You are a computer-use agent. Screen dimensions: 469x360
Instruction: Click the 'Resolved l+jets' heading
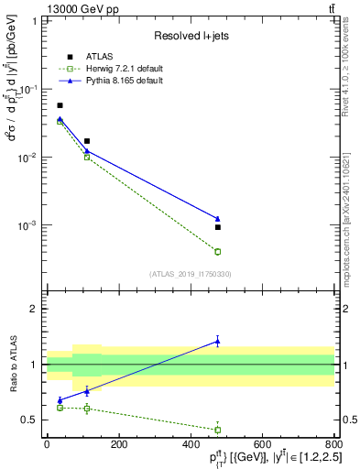(x=194, y=36)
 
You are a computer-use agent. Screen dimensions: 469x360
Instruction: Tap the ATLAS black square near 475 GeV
(x=218, y=227)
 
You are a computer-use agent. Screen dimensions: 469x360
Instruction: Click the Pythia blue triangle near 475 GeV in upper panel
(x=218, y=219)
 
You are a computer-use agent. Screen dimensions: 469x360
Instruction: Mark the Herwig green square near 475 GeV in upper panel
(x=218, y=251)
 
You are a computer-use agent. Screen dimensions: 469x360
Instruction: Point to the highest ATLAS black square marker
(x=60, y=105)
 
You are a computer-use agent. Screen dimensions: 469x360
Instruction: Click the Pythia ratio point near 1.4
(x=218, y=341)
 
